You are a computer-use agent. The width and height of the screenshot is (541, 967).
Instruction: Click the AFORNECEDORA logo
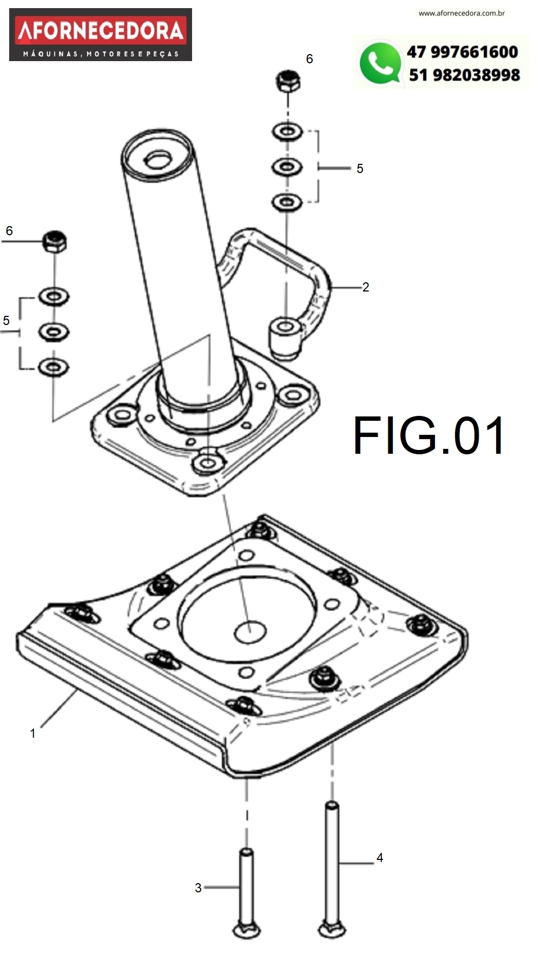pos(101,34)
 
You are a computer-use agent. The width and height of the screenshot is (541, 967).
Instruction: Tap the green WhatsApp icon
pos(380,64)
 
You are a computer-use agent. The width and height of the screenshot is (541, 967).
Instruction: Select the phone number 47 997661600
pos(463,52)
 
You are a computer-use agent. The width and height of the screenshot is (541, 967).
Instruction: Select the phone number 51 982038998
pos(464,75)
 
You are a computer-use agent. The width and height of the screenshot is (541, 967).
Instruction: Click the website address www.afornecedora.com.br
pos(461,13)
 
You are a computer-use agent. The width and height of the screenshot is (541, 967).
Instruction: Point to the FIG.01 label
pos(429,436)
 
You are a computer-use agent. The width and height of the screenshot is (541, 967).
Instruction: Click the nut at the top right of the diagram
pos(288,81)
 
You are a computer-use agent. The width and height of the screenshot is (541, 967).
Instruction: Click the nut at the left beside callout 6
pos(55,241)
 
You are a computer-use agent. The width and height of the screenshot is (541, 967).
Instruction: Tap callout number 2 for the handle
pos(366,287)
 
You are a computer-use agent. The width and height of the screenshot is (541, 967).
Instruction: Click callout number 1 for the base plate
pos(32,733)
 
